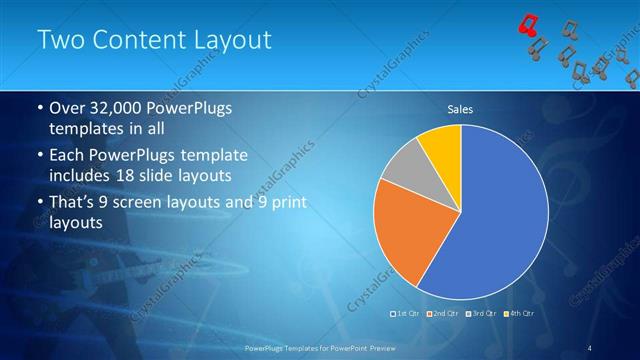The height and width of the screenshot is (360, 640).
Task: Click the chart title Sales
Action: click(460, 110)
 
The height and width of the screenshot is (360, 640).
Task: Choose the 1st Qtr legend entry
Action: click(406, 314)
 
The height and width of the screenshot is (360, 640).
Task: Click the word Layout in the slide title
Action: click(233, 40)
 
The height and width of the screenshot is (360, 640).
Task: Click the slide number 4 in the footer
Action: click(590, 348)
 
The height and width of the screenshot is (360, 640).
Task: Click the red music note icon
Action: click(529, 25)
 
